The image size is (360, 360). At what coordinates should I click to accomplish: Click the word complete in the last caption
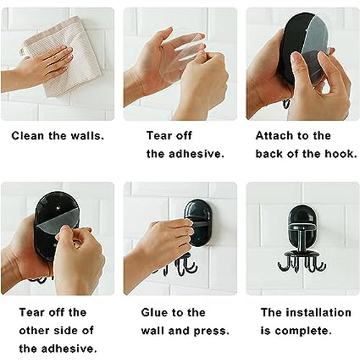coord(303,331)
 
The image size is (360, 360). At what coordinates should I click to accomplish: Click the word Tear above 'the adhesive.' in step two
coord(159,136)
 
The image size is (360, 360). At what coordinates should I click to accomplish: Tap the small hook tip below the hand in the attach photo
coord(287,104)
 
